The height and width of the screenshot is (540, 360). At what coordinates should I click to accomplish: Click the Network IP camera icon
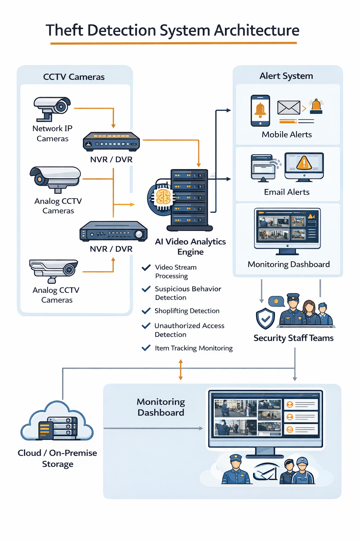(52, 109)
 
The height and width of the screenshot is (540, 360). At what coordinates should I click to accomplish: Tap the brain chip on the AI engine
(163, 197)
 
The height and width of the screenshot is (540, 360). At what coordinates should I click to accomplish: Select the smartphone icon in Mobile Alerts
(260, 111)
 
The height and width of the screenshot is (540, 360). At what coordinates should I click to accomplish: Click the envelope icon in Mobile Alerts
(289, 108)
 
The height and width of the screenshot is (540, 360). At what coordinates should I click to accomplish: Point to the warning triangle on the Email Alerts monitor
(304, 163)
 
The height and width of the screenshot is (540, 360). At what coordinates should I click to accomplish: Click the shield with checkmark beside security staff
(265, 319)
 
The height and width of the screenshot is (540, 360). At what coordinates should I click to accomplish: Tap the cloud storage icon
(57, 421)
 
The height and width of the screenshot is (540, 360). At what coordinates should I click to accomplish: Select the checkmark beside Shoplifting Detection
(146, 311)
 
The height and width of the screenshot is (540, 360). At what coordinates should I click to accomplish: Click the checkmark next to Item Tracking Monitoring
(146, 348)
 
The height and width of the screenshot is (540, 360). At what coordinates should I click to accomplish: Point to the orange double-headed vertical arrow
(181, 370)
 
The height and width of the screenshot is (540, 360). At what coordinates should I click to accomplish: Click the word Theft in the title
(64, 30)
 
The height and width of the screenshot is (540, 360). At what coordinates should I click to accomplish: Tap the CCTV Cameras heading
(74, 77)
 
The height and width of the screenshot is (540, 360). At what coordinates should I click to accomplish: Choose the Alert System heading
(286, 76)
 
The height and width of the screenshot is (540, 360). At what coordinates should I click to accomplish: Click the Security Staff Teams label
(294, 338)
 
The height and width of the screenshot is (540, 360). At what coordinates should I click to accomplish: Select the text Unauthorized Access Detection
(189, 330)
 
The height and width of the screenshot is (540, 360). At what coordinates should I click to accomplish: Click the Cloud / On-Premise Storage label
(57, 458)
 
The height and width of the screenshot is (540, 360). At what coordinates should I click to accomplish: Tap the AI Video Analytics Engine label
(191, 246)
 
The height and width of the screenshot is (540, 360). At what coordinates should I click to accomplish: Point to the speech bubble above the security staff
(276, 301)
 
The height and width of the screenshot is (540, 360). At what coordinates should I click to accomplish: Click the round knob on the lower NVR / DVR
(139, 234)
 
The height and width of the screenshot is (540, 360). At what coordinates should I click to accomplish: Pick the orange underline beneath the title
(174, 43)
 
